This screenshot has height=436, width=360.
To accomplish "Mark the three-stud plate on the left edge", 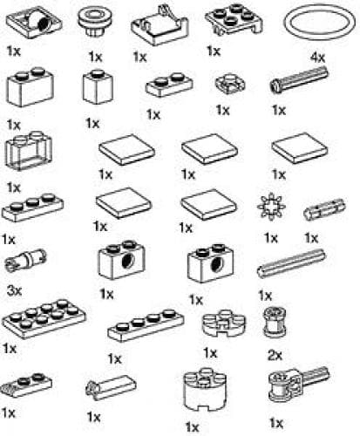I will pyautogui.click(x=31, y=209).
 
